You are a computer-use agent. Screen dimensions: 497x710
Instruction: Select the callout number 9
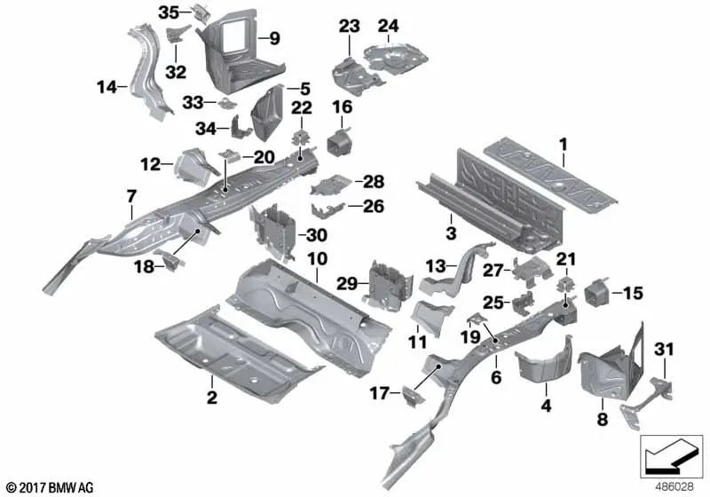[x=274, y=38]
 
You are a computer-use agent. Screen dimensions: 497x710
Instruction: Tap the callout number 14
[x=106, y=87]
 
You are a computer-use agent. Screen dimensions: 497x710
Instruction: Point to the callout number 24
[x=388, y=25]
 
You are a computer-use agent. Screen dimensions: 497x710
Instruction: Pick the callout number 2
[x=211, y=397]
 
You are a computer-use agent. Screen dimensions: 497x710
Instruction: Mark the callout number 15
[x=633, y=292]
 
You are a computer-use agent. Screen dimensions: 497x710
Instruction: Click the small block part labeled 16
[x=338, y=143]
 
